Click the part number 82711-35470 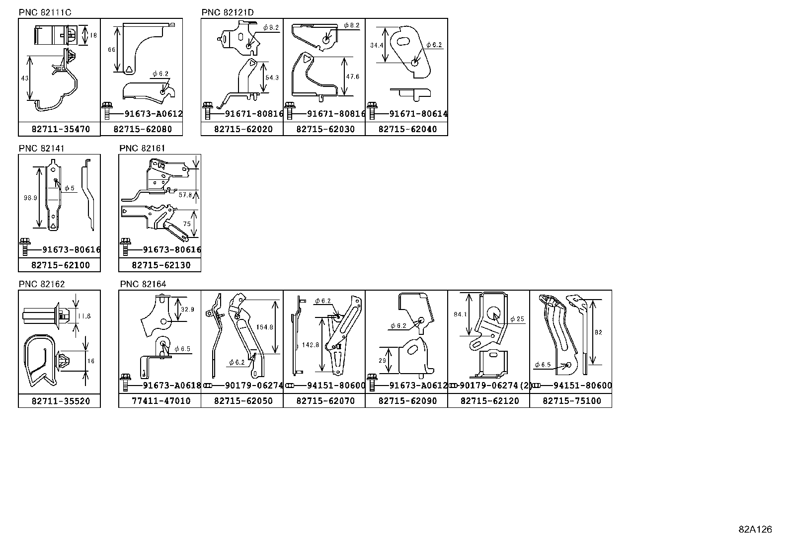61,129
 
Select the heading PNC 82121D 228,12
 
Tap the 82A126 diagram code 755,529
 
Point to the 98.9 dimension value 30,198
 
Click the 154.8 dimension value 264,327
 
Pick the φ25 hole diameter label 517,319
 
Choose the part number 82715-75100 572,401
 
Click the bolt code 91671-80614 418,114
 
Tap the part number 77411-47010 161,401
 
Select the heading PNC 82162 42,284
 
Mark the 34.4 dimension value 377,45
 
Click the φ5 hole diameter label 70,188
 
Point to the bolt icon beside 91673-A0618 125,383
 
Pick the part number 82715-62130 161,265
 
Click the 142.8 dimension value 311,345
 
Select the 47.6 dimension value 352,77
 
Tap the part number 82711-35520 61,401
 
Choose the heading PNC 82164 143,284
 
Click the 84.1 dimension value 461,314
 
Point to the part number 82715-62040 407,129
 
